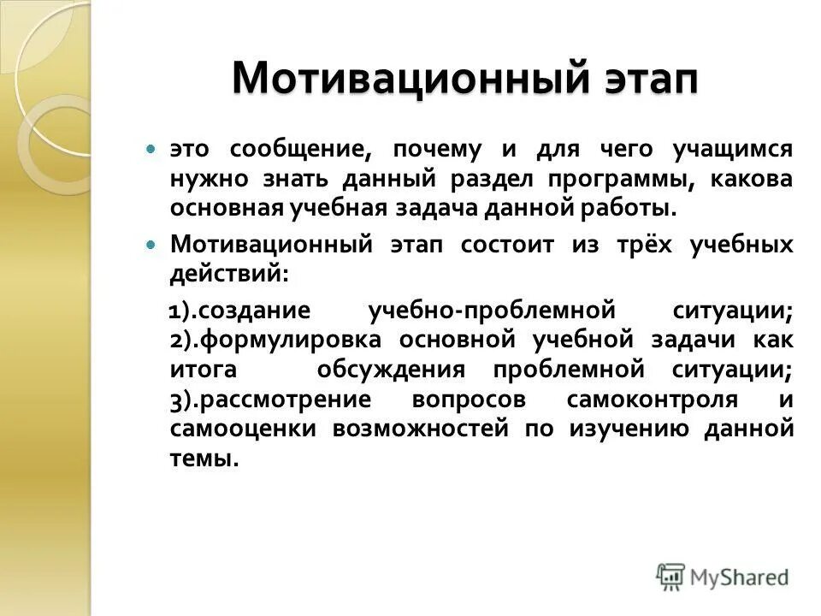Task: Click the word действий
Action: pyautogui.click(x=228, y=274)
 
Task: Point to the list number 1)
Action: pyautogui.click(x=183, y=310)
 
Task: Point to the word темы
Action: pyautogui.click(x=204, y=458)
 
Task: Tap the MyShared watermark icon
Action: pyautogui.click(x=670, y=576)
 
